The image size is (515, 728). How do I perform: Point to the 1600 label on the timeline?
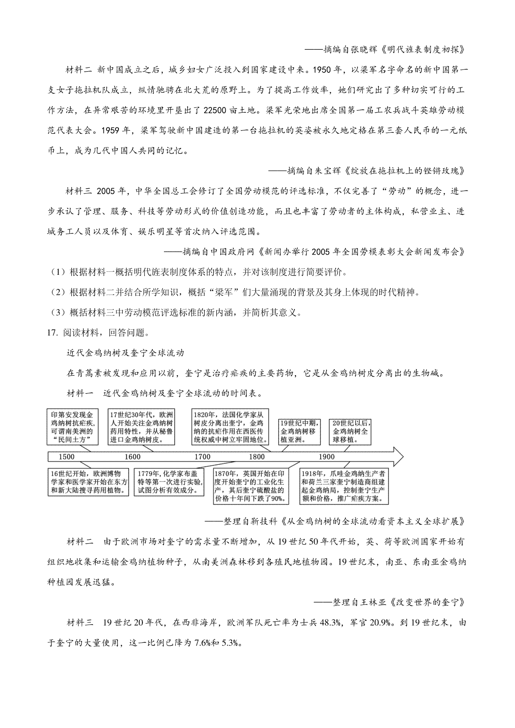pos(132,457)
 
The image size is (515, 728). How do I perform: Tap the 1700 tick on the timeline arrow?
pos(203,457)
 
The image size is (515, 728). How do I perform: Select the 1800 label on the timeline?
pos(257,457)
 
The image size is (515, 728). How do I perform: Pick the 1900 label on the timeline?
pos(327,457)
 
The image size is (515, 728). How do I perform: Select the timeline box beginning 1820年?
pos(230,427)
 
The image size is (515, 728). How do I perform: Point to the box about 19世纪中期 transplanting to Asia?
pos(298,431)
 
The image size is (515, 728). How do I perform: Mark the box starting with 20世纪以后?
pos(350,431)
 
